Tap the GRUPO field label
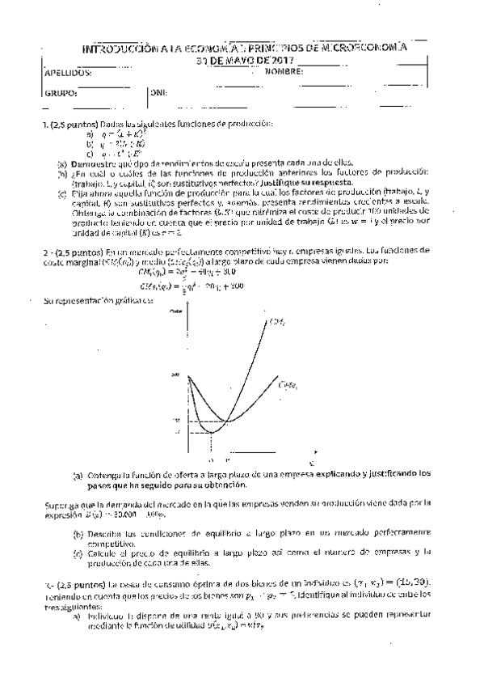[62, 93]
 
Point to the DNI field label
[158, 93]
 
